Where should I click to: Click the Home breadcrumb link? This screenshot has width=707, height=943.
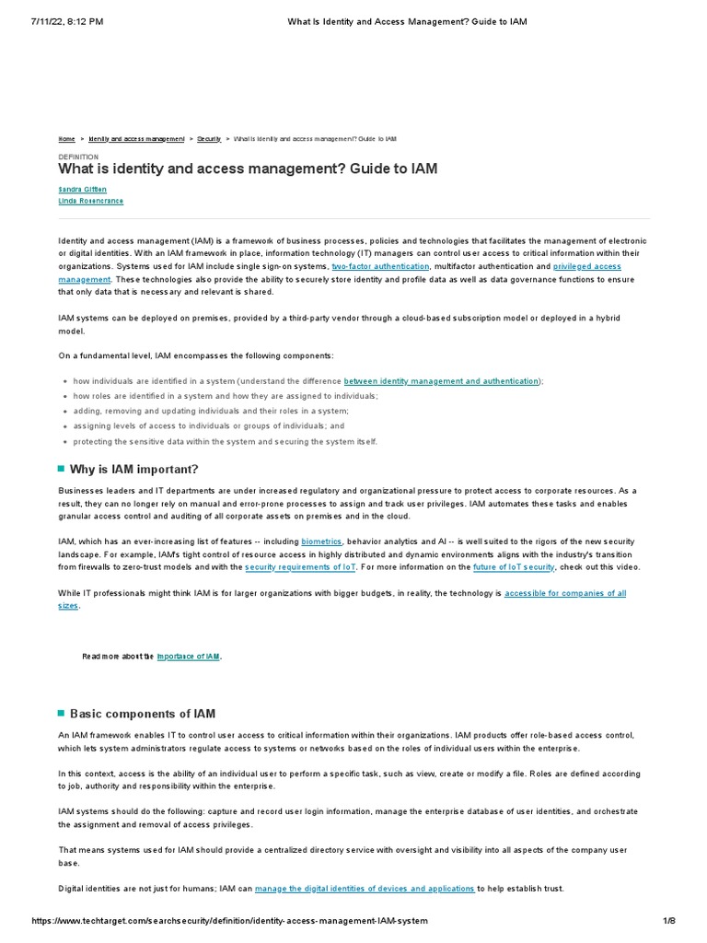[x=66, y=138]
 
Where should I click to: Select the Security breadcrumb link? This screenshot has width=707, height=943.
[x=208, y=138]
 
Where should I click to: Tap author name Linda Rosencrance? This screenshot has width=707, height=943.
[x=90, y=201]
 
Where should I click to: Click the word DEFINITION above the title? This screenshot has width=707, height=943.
[x=78, y=157]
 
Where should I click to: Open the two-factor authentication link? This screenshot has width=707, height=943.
[x=380, y=266]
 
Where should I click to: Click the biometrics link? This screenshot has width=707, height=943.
[x=321, y=542]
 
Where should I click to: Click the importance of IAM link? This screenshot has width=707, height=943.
[x=189, y=657]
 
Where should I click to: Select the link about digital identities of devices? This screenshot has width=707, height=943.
[x=365, y=889]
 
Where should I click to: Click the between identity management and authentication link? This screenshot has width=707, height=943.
[x=441, y=381]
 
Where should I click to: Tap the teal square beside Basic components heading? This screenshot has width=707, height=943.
[x=62, y=714]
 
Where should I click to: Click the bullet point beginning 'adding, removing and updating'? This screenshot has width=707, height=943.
[x=211, y=411]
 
